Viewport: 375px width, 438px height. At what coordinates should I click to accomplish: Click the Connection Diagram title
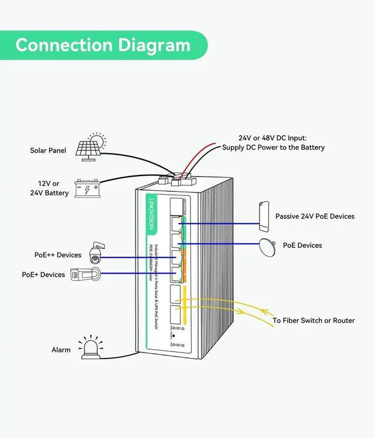click(103, 45)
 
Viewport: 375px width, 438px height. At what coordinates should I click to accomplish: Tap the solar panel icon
click(91, 147)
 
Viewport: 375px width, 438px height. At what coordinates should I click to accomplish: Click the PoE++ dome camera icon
click(95, 253)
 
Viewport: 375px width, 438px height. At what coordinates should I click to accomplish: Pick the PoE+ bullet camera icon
click(84, 274)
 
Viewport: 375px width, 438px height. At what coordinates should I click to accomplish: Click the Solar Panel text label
click(48, 151)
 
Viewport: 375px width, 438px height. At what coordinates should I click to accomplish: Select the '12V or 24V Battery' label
click(49, 188)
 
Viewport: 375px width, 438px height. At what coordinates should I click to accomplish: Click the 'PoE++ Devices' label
click(57, 255)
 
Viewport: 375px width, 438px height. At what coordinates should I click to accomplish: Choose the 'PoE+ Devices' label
click(43, 274)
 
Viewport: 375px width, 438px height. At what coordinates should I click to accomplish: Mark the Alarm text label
click(61, 350)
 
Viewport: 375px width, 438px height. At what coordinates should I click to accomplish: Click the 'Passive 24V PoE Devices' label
click(315, 216)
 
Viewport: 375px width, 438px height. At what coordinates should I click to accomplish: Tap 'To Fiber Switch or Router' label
click(313, 320)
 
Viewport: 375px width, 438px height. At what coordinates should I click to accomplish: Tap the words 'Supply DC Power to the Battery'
click(273, 148)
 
